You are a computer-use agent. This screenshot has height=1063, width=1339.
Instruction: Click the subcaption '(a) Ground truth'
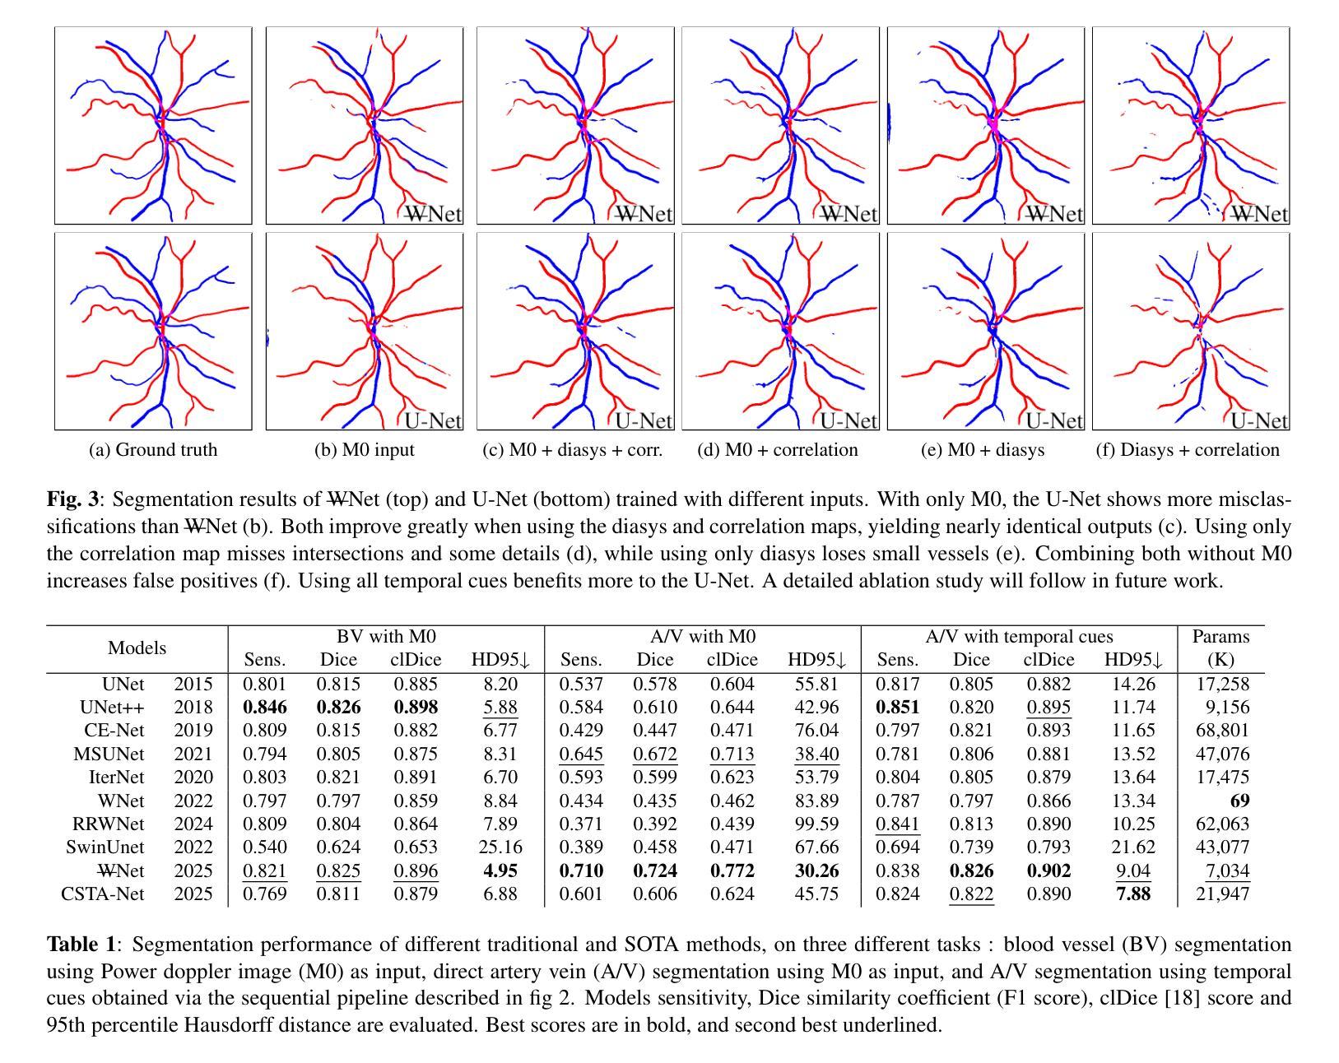point(153,450)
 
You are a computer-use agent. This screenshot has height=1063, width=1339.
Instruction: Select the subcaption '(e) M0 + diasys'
point(984,450)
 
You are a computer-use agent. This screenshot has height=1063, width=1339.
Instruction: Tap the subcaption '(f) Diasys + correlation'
point(1188,450)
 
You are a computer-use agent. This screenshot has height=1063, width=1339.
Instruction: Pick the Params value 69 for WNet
point(1239,801)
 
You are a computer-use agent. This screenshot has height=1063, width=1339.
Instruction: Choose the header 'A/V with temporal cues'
point(1019,637)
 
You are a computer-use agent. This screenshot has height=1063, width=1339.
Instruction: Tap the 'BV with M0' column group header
point(386,637)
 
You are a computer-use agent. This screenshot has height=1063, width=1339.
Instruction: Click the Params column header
point(1221,648)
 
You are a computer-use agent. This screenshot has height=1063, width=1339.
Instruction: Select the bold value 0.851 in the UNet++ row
point(897,707)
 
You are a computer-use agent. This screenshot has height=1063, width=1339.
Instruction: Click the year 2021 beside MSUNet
point(193,754)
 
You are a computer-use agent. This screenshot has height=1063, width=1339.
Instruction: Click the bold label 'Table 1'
point(82,945)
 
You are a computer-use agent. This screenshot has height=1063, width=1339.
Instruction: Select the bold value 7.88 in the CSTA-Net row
point(1133,894)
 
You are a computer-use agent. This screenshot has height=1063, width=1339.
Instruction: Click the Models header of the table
point(137,648)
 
